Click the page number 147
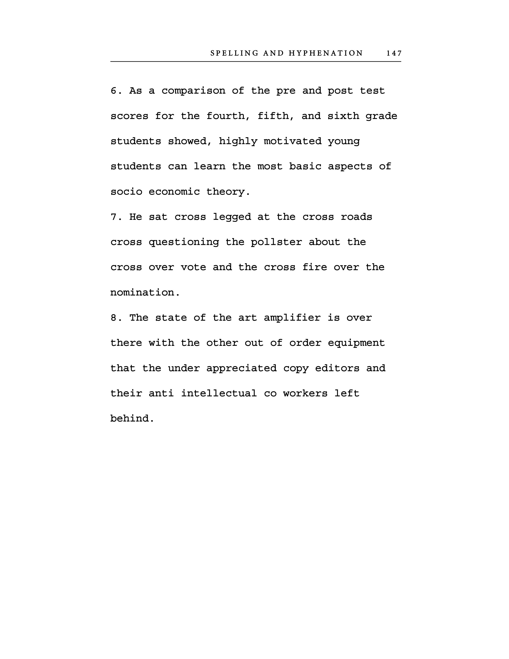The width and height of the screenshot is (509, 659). coord(394,53)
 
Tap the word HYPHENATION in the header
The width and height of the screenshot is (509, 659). coord(326,53)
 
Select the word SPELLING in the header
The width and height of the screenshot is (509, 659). coord(234,53)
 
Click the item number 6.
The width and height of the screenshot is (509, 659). coord(115,91)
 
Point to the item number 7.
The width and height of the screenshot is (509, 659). coord(115,217)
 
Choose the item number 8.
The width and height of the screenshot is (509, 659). coord(115,318)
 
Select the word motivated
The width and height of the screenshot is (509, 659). coord(292,141)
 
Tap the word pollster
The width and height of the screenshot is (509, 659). coord(276,242)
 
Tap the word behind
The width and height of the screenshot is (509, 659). coord(132,419)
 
